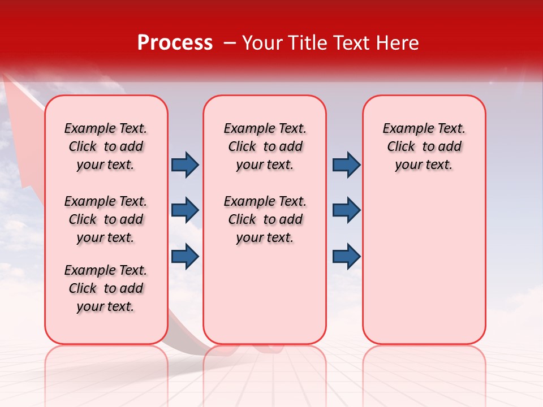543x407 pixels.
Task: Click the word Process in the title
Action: point(175,43)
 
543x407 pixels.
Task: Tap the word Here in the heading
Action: point(397,43)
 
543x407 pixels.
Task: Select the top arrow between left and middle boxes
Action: point(185,165)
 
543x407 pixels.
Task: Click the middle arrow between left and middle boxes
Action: point(185,211)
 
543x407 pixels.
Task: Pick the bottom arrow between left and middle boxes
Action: point(185,256)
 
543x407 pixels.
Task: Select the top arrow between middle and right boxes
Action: point(346,165)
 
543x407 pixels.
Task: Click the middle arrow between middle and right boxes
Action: point(346,211)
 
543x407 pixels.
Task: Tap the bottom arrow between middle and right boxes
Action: point(346,256)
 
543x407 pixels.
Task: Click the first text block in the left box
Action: point(106,146)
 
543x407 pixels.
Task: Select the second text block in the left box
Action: point(106,219)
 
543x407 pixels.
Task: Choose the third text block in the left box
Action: point(106,288)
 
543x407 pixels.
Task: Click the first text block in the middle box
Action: point(265,146)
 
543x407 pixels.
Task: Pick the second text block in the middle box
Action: point(265,219)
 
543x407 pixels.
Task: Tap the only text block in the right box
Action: point(424,146)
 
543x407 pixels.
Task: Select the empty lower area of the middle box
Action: point(265,294)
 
